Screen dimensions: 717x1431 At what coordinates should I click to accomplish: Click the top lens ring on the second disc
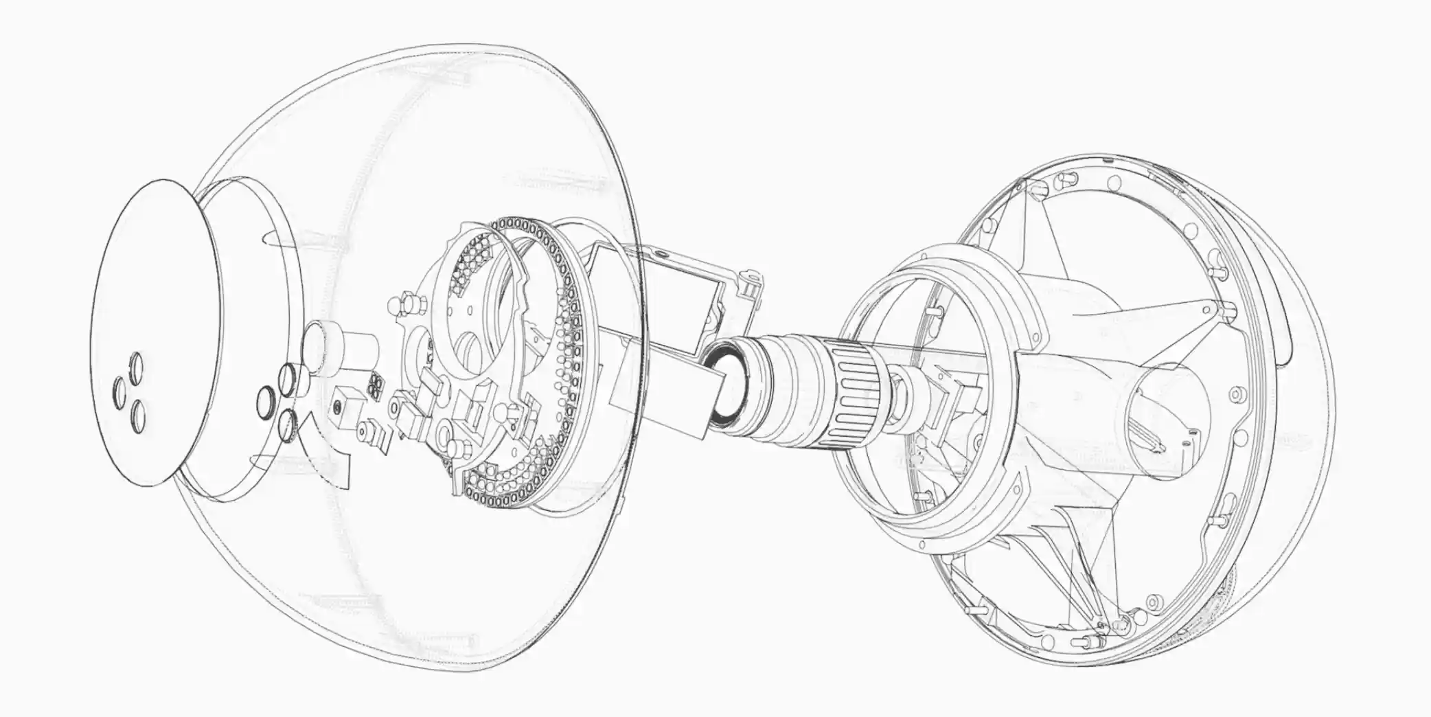[x=287, y=375]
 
